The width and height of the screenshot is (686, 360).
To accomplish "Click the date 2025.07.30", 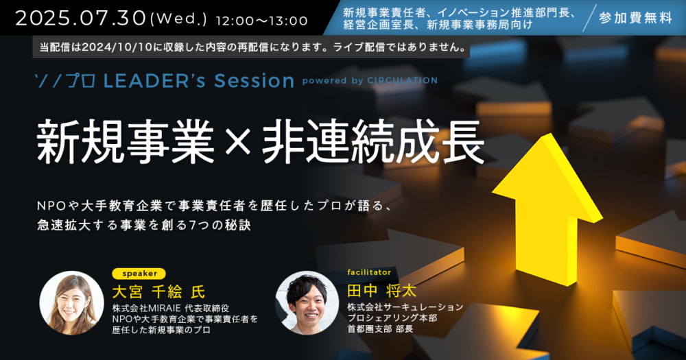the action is [x=80, y=19].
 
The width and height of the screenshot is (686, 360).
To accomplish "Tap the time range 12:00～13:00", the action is [x=261, y=21].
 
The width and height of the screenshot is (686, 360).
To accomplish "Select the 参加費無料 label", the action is [x=636, y=18].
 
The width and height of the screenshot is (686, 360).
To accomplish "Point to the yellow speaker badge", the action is [x=139, y=274].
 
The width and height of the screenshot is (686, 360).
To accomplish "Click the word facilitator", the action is [x=369, y=272].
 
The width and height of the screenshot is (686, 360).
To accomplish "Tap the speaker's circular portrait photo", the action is [x=72, y=302].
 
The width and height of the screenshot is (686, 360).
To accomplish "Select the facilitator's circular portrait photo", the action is [x=307, y=302].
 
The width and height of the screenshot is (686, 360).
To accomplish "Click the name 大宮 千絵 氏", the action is [x=158, y=291].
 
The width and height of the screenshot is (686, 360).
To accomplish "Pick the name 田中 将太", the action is [x=381, y=291].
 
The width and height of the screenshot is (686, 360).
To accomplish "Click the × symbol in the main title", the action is [x=238, y=143].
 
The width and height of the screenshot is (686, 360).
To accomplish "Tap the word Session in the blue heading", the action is [x=255, y=80].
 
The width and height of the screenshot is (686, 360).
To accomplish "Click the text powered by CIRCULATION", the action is [x=370, y=80].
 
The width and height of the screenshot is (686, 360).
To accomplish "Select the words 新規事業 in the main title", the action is [x=126, y=142].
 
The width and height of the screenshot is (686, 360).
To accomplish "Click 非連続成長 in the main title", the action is [x=373, y=142].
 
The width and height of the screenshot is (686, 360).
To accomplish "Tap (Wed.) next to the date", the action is [x=178, y=20].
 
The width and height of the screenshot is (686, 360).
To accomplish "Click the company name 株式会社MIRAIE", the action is [x=147, y=309].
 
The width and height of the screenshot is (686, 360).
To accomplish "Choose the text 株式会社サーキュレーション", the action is [x=405, y=307].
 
